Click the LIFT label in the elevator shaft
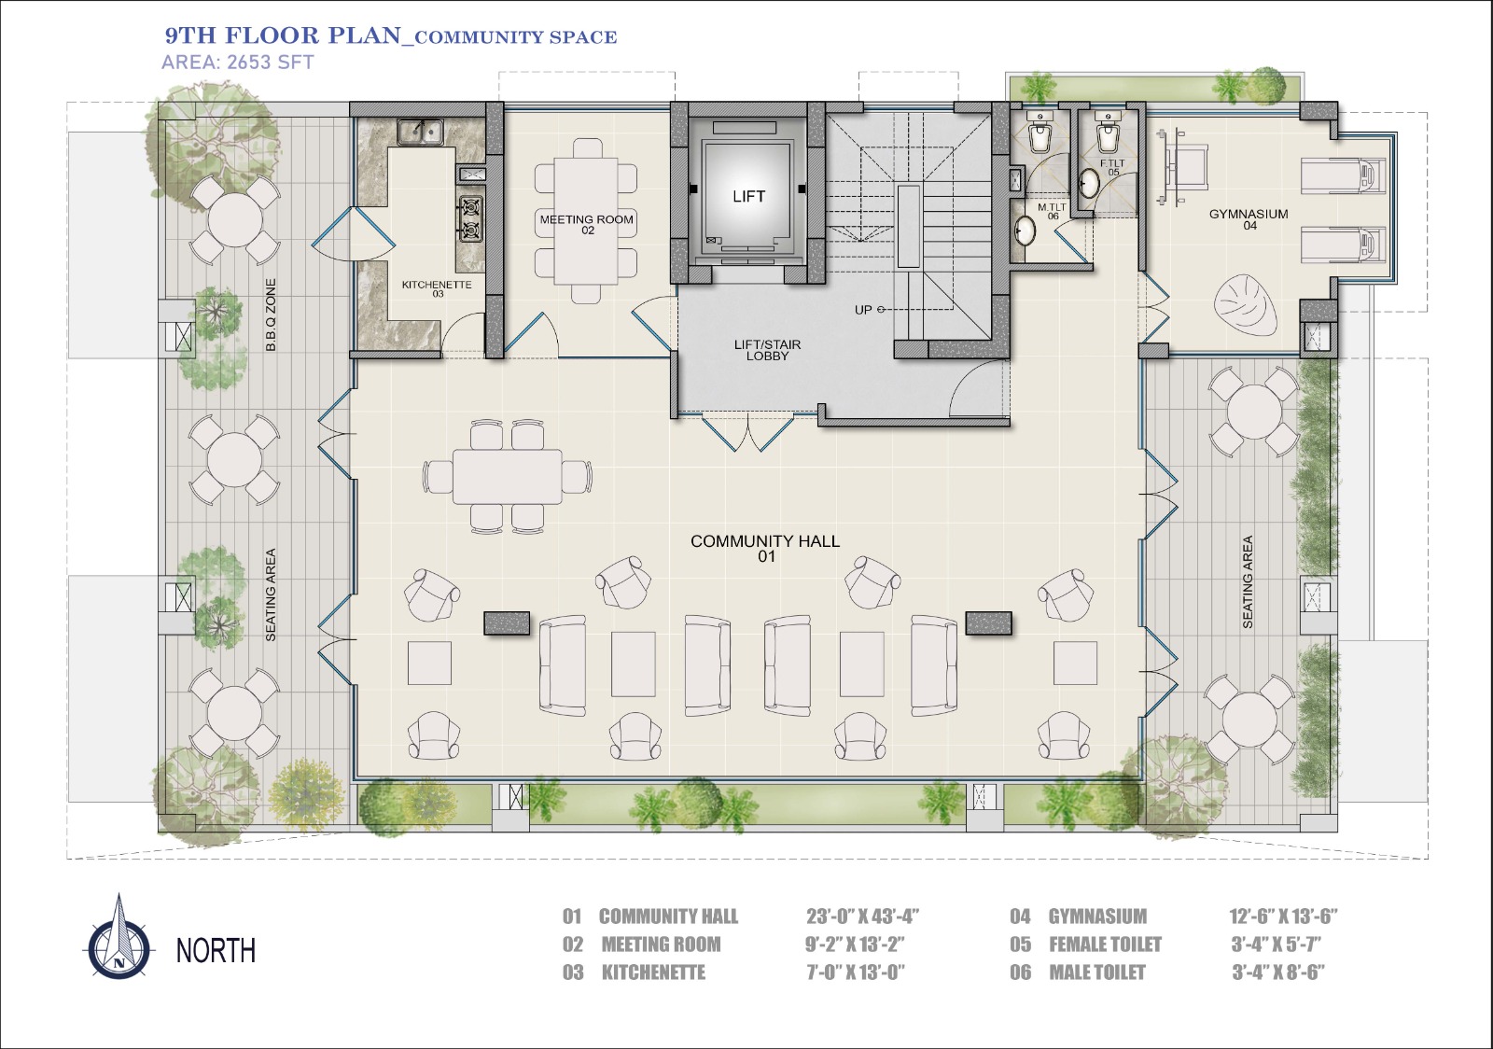[x=748, y=196]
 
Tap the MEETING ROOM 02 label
[x=587, y=225]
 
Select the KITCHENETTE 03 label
[x=437, y=288]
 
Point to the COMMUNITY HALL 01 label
[x=765, y=548]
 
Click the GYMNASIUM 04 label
[x=1249, y=219]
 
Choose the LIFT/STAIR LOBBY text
[x=767, y=350]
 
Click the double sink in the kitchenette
[x=420, y=132]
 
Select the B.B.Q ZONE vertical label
[x=271, y=315]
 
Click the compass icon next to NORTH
[x=119, y=940]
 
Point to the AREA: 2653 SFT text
[x=237, y=62]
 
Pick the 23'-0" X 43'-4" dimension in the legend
[x=862, y=916]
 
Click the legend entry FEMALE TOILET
[x=1105, y=944]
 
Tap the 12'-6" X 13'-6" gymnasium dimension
[x=1283, y=916]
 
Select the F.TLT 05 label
[x=1112, y=167]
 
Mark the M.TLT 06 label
[x=1053, y=211]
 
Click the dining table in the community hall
[x=507, y=477]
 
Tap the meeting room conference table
[x=586, y=220]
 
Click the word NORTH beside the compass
[x=216, y=950]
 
